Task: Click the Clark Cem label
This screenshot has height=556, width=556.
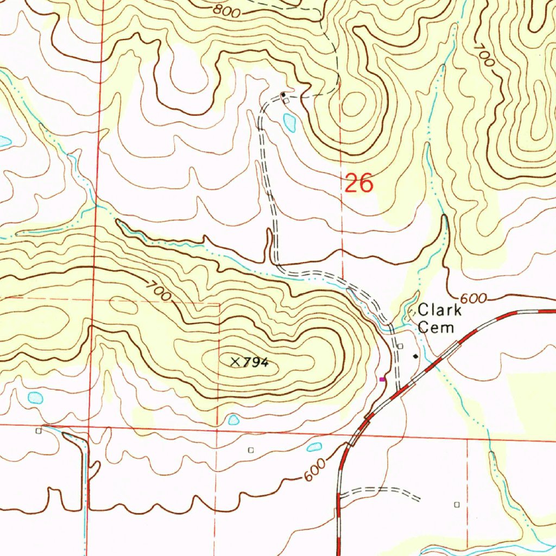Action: pyautogui.click(x=439, y=319)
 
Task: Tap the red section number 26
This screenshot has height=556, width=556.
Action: pyautogui.click(x=359, y=184)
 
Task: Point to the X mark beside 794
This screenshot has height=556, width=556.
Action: pyautogui.click(x=235, y=361)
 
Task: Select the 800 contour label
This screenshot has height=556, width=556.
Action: pyautogui.click(x=226, y=11)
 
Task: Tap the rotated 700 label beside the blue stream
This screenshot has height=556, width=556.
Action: pyautogui.click(x=483, y=54)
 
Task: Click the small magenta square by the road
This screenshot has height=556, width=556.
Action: pyautogui.click(x=382, y=379)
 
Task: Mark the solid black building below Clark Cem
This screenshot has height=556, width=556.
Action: pyautogui.click(x=416, y=356)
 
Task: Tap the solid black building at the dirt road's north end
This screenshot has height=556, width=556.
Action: pyautogui.click(x=283, y=95)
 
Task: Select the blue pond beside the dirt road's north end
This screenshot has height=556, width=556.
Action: pyautogui.click(x=289, y=122)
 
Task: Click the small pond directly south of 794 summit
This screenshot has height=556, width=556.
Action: pyautogui.click(x=233, y=419)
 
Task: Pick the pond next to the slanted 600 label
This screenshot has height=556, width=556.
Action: pyautogui.click(x=314, y=447)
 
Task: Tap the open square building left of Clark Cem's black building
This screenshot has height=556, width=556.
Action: pyautogui.click(x=400, y=346)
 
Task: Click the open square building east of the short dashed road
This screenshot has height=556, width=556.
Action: pyautogui.click(x=457, y=504)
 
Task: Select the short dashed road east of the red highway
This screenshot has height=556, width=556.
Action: pyautogui.click(x=380, y=492)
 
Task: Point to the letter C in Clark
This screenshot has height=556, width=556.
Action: pyautogui.click(x=422, y=311)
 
